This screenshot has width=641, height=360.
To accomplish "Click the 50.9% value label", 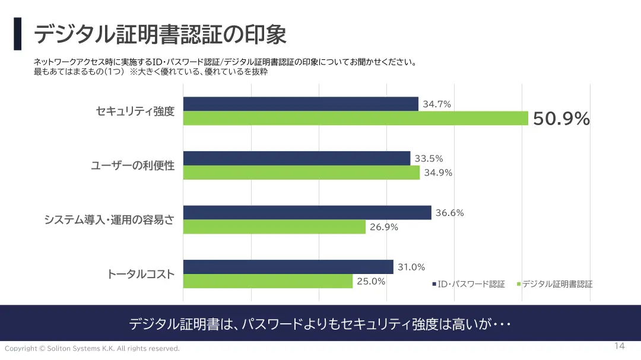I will [561, 119].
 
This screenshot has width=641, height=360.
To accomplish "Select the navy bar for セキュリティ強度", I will [300, 104].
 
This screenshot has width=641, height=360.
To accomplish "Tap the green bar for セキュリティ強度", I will [355, 118].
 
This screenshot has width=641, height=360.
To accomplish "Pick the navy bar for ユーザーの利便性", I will [296, 158].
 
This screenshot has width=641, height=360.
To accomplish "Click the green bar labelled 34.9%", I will [301, 173].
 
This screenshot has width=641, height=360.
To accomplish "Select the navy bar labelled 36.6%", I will [307, 212].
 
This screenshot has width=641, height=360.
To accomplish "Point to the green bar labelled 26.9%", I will [274, 227].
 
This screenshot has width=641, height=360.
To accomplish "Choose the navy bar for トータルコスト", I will [288, 267].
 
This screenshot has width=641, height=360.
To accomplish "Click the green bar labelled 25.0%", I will [268, 281].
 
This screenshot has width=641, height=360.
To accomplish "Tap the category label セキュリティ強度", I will [135, 111].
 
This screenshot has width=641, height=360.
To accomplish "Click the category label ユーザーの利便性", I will [132, 165].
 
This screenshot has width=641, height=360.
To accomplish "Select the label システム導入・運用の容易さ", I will [109, 219].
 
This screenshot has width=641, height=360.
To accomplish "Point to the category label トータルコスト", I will [141, 274].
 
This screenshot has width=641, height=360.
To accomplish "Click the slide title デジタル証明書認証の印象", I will [160, 34].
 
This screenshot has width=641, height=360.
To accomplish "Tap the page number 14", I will [620, 346].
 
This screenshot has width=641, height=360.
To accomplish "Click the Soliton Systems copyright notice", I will [92, 349].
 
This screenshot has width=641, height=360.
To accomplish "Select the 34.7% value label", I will [437, 104].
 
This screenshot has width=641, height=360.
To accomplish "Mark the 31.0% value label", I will [411, 267].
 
